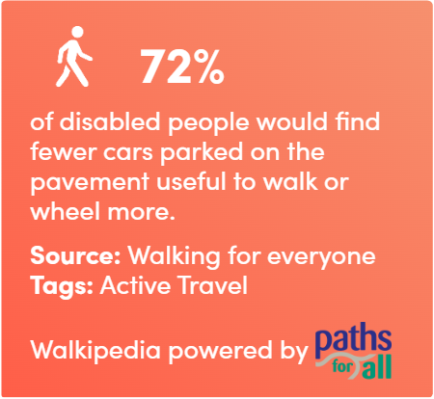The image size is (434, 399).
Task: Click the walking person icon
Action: tap(73, 57)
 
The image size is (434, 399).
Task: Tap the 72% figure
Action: tap(181, 66)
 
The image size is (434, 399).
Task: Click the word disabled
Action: tap(110, 121)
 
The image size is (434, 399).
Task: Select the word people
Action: tap(208, 123)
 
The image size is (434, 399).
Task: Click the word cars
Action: tap(128, 154)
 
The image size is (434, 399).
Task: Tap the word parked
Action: tap(202, 153)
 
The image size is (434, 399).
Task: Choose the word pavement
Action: tap(90, 183)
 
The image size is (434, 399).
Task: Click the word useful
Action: tap(192, 181)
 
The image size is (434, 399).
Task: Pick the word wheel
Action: tap(66, 211)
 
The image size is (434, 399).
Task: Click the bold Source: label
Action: tap(75, 255)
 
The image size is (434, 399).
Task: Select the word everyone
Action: tap(321, 257)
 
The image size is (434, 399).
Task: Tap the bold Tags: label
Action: tap(62, 286)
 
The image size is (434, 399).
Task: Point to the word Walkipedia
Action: tap(95, 351)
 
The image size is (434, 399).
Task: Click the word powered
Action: tap(221, 351)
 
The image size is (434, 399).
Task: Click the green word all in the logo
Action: tap(377, 366)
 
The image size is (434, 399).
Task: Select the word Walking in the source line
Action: tap(174, 257)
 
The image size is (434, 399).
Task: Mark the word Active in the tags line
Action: tap(135, 285)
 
